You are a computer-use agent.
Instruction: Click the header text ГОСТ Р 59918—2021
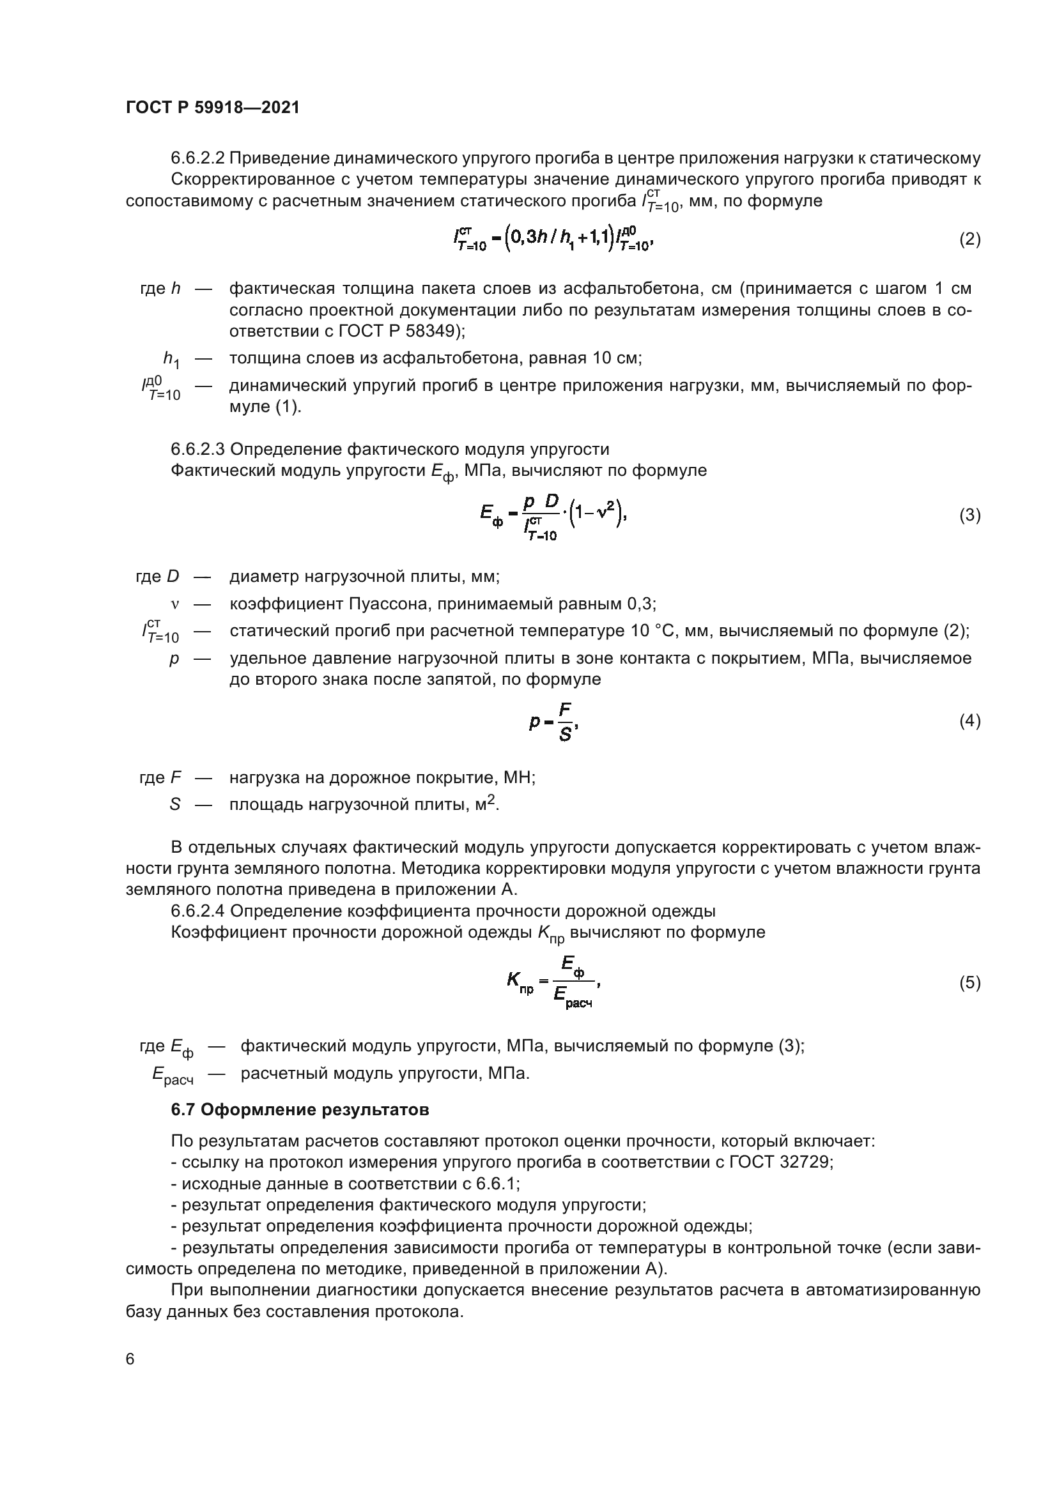[x=213, y=108]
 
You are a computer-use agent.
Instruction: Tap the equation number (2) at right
[x=969, y=240]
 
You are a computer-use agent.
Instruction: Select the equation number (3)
[x=969, y=515]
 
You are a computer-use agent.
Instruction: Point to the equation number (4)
[x=969, y=721]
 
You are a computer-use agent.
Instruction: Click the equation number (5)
[x=969, y=982]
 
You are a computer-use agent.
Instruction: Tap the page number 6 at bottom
[x=130, y=1359]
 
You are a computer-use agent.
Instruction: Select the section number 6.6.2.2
[x=198, y=158]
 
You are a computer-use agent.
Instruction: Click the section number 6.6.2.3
[x=198, y=449]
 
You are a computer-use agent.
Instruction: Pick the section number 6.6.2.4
[x=198, y=911]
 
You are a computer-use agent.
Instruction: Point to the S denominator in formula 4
[x=565, y=735]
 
